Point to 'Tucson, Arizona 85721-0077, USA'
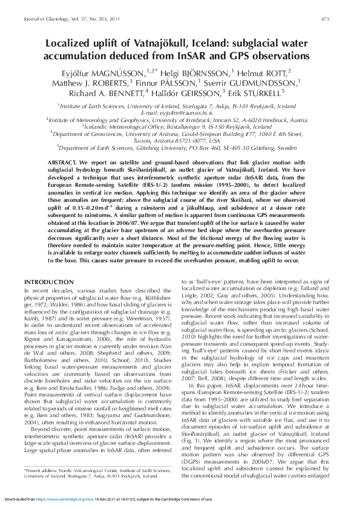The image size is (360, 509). tap(180, 140)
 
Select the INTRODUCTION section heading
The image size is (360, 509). tap(49, 283)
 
